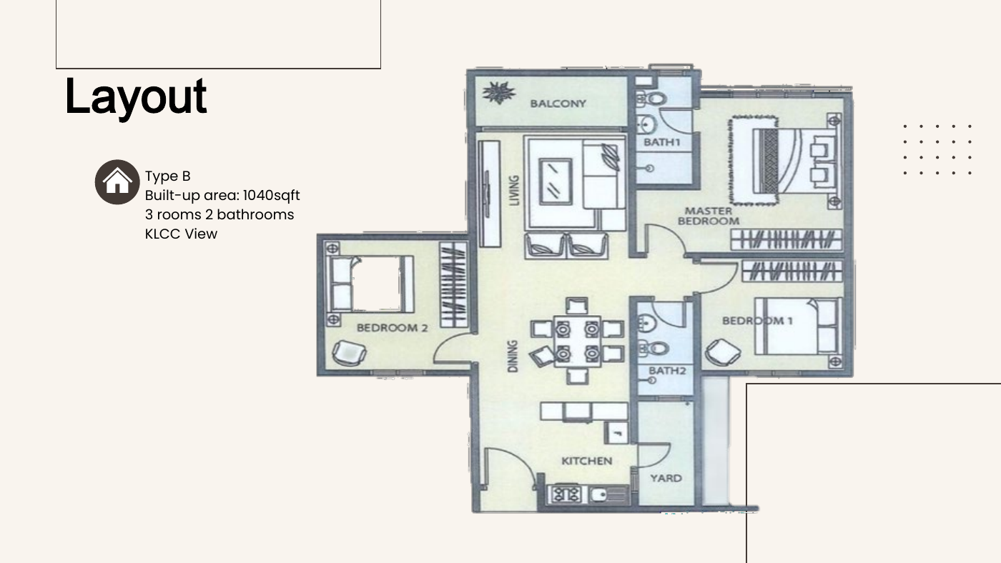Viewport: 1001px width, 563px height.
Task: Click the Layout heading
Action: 136,98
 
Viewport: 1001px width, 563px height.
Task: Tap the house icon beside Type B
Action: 117,182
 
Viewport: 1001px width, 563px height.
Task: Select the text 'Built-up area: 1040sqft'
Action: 222,195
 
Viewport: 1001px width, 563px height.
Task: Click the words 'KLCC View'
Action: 181,234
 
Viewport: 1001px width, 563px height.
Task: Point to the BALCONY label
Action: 558,104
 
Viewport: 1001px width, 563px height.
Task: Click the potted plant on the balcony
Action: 499,92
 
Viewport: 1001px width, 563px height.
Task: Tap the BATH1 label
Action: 662,142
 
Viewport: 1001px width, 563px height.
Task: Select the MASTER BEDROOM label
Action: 709,216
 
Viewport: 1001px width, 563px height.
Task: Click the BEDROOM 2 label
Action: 392,328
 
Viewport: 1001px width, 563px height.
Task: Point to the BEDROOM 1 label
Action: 757,321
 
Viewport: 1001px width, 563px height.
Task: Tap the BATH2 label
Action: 667,371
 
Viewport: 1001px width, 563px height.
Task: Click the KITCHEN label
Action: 586,461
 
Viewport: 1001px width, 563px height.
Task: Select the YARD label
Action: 666,478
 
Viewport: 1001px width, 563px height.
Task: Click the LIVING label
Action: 515,191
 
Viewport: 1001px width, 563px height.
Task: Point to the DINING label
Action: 513,357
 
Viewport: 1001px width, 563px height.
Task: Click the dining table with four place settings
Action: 578,342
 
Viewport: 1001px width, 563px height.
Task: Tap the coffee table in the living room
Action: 556,181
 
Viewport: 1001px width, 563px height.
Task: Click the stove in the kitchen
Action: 566,494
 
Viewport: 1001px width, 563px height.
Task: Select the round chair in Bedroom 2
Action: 349,353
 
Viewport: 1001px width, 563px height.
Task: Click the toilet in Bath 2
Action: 654,348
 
